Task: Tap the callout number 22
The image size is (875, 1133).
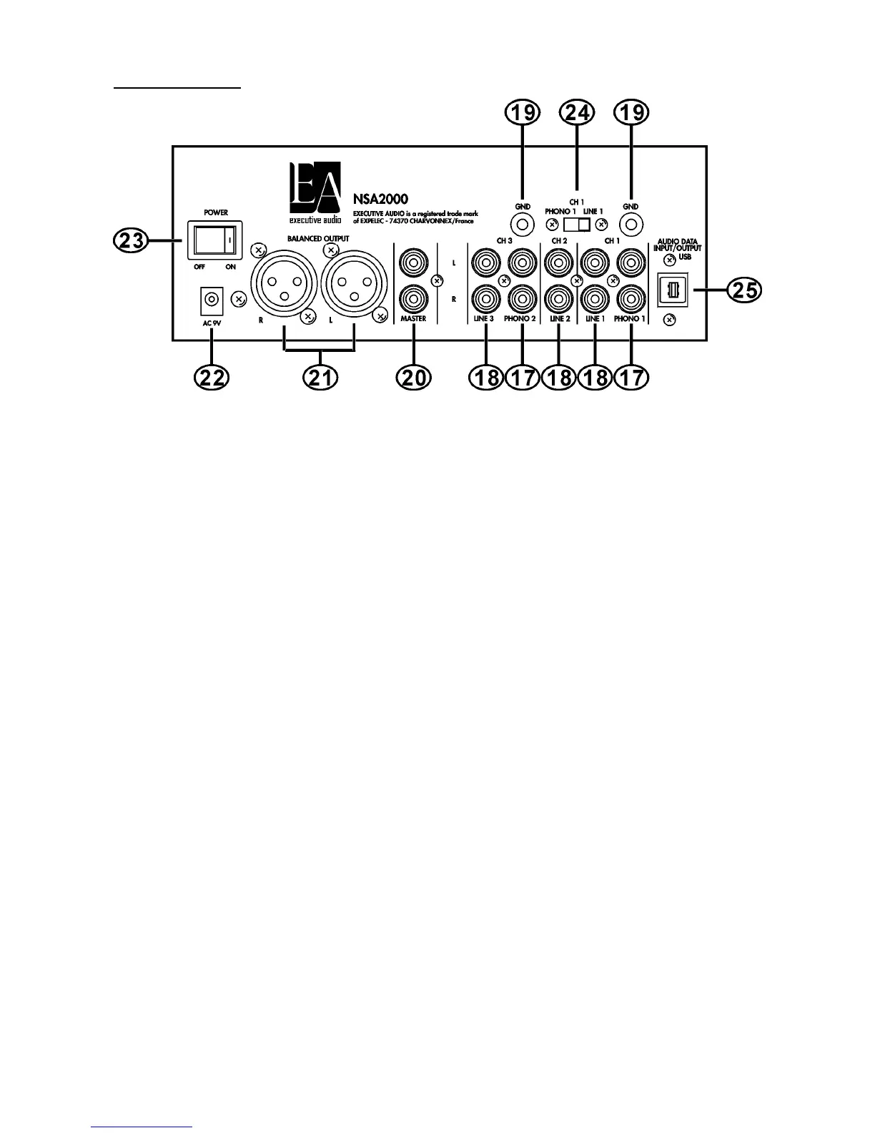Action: pos(212,376)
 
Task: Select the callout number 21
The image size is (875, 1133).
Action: pos(320,376)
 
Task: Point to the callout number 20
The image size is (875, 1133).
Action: pos(414,376)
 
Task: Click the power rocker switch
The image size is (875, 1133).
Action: pos(212,240)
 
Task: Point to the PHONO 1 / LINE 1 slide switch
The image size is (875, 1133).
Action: pos(577,225)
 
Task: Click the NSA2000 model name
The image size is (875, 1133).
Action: pos(380,200)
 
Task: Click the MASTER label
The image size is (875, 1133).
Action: pos(414,319)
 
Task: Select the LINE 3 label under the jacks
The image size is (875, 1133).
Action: pos(485,319)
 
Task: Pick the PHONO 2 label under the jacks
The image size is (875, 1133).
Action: pos(521,319)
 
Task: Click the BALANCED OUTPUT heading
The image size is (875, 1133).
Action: pos(318,238)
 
